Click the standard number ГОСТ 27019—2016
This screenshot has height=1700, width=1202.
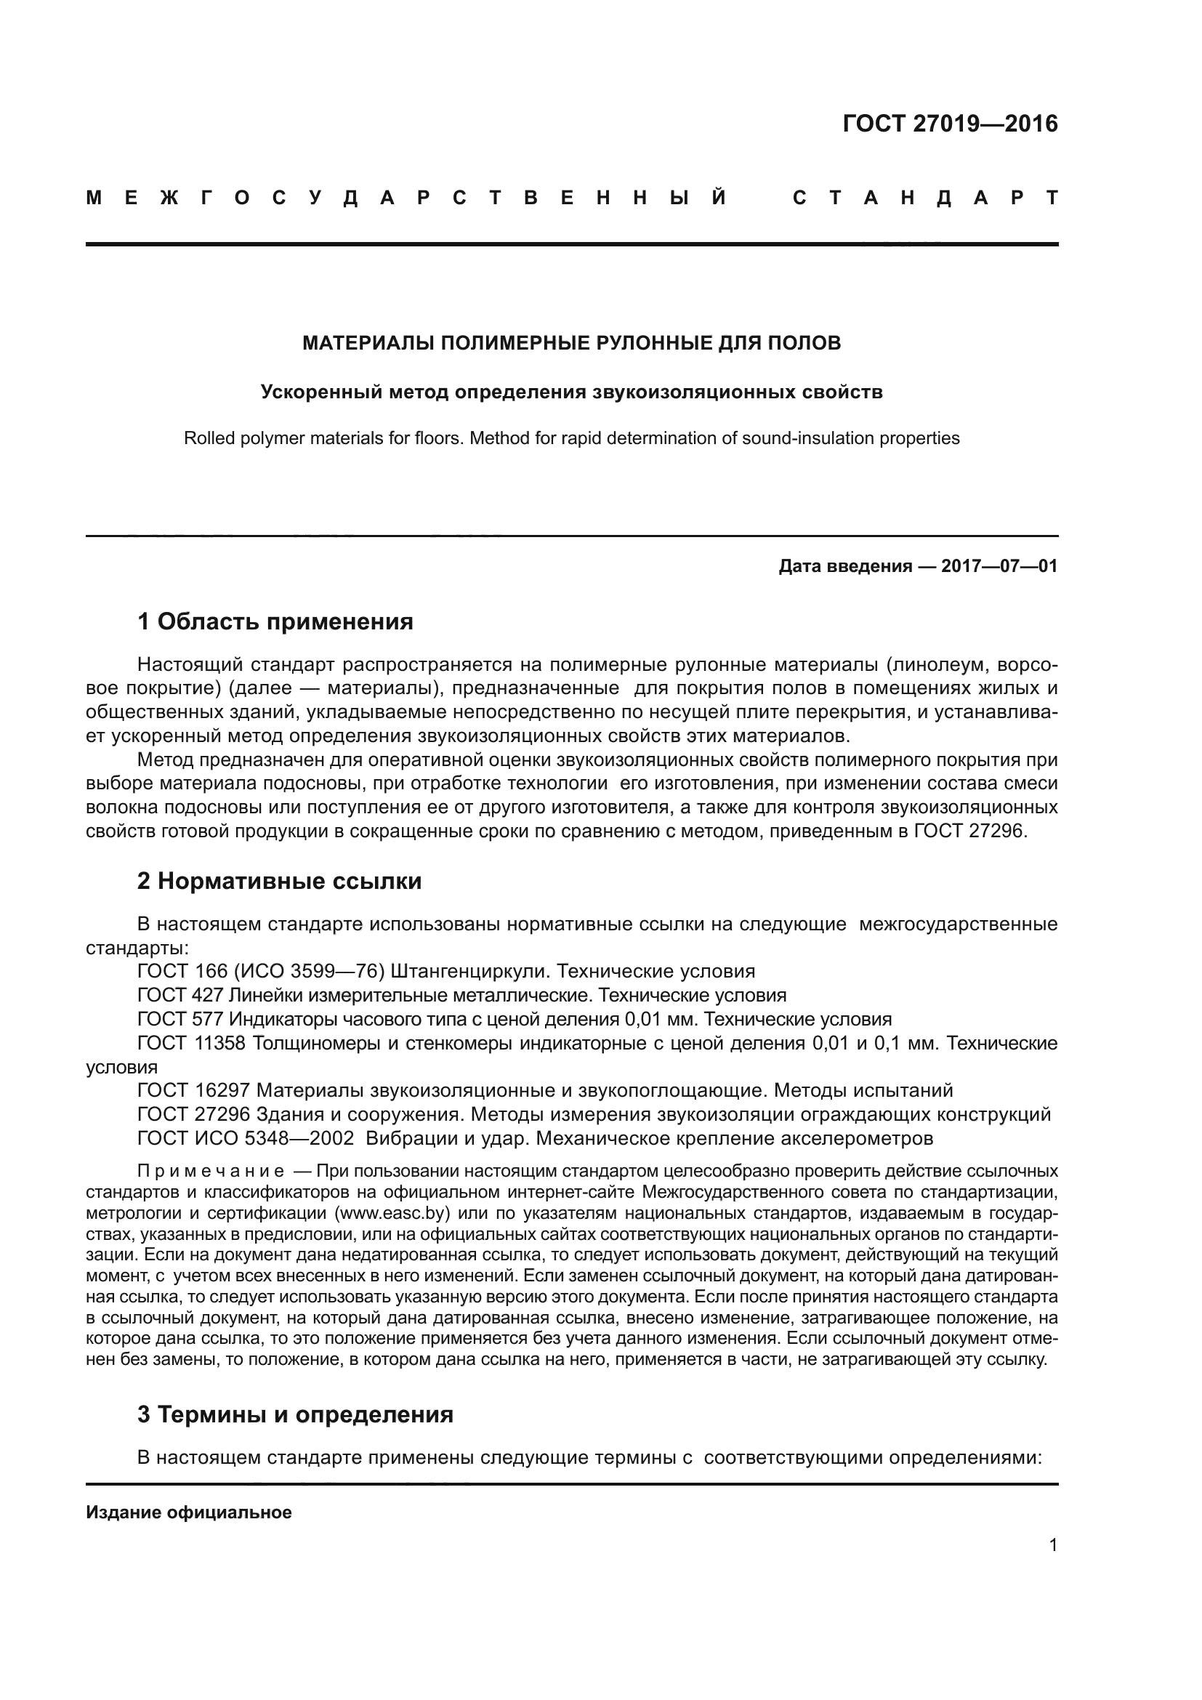tap(950, 124)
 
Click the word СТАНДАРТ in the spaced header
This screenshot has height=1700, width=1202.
tap(924, 198)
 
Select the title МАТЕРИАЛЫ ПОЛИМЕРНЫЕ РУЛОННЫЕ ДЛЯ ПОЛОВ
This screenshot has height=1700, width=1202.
tap(571, 344)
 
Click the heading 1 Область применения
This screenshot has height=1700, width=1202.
tap(275, 622)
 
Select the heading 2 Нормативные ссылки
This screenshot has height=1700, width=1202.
tap(279, 881)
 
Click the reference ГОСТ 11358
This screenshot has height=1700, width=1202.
tap(192, 1043)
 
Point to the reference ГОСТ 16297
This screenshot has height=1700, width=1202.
tap(192, 1091)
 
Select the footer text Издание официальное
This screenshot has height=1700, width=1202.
tap(189, 1512)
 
